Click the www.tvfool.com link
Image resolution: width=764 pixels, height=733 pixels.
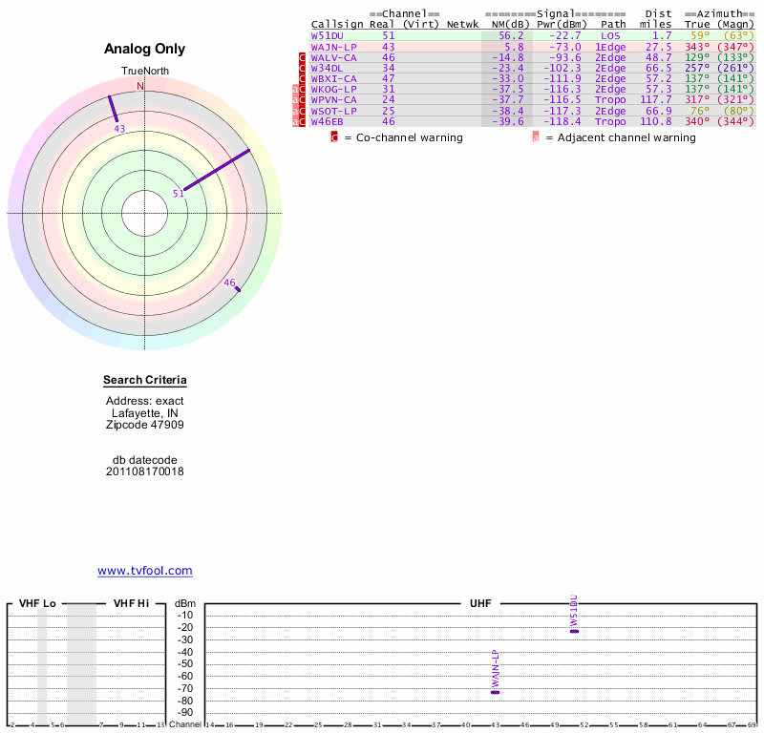click(x=145, y=571)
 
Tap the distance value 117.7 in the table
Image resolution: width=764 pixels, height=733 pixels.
click(x=656, y=99)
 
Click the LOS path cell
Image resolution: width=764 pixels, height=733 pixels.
click(x=610, y=35)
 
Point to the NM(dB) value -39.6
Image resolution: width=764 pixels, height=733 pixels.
click(x=508, y=121)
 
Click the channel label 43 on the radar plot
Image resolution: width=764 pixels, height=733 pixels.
click(x=119, y=129)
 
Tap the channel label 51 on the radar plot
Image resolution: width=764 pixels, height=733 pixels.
click(x=178, y=194)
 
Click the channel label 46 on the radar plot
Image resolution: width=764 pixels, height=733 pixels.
click(x=229, y=283)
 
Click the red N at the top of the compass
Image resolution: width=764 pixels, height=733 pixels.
click(x=140, y=86)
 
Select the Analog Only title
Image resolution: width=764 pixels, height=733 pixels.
click(x=145, y=50)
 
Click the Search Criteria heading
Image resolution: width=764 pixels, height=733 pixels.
click(x=145, y=381)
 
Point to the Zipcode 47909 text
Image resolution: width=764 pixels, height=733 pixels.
click(x=145, y=426)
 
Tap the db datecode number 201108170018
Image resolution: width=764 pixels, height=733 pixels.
click(x=145, y=471)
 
